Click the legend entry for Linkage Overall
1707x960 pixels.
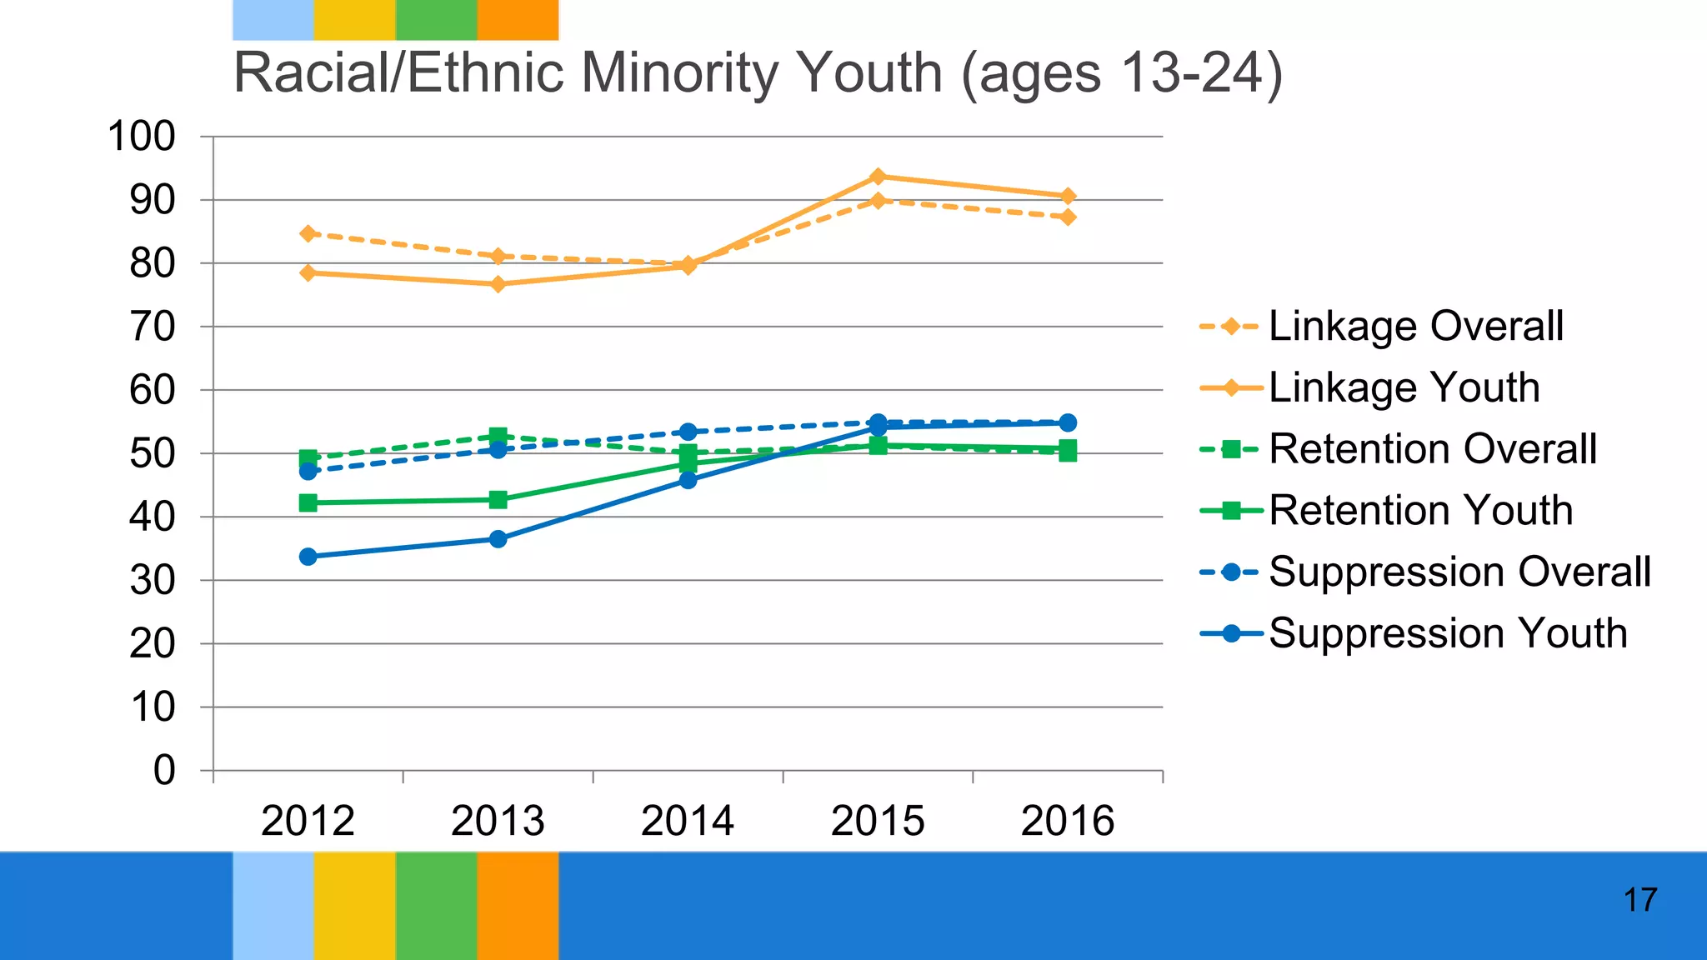[1414, 326]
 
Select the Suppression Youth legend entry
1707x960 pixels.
[1447, 633]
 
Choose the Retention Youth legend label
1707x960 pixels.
[1420, 510]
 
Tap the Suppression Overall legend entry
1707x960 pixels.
[1459, 572]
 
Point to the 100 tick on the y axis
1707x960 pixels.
[142, 137]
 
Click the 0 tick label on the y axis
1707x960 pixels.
[164, 770]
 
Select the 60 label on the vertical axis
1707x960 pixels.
[153, 390]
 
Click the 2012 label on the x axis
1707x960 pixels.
[308, 821]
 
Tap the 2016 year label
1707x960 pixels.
[1067, 821]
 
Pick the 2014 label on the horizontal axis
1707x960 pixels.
[687, 821]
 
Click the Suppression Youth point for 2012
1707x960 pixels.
[308, 557]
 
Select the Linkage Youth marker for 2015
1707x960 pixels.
[878, 177]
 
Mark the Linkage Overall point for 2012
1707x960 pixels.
[308, 233]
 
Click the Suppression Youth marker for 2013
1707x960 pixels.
[498, 539]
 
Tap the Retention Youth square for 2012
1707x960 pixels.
[308, 502]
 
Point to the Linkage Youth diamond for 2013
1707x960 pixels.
[498, 284]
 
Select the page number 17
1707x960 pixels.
[1639, 900]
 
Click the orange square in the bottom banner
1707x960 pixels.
[518, 905]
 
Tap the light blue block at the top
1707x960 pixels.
[273, 20]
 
